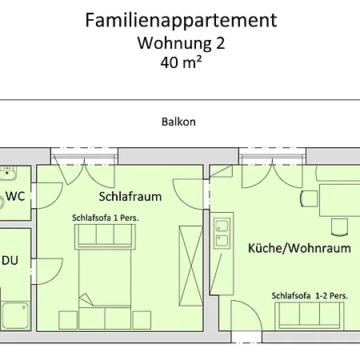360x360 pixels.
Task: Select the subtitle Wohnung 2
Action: coord(180,43)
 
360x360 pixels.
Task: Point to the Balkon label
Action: coord(179,122)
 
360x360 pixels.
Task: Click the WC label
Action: coord(16,196)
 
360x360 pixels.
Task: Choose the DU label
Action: coord(10,261)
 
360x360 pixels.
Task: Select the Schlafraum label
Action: coord(130,196)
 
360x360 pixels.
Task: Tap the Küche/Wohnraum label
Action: coord(299,248)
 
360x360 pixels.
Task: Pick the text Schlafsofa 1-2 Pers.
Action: coord(309,295)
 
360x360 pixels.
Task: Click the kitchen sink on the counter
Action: coord(222,232)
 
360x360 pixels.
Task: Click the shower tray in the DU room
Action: coord(15,316)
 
